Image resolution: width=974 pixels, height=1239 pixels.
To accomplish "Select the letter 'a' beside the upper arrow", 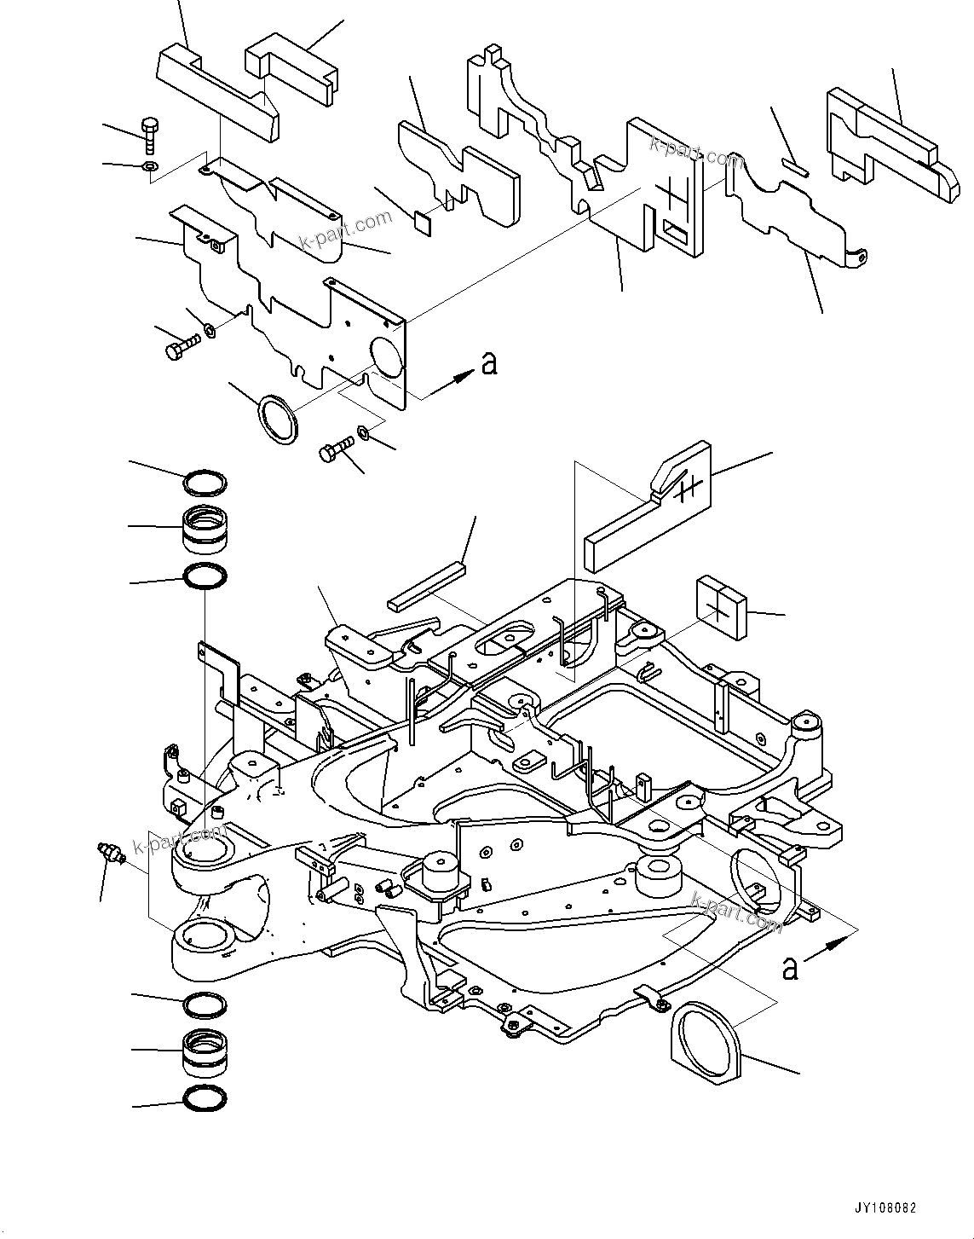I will (488, 363).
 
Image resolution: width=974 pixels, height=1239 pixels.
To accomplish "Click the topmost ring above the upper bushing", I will (205, 484).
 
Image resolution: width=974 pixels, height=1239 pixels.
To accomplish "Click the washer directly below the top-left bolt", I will (148, 165).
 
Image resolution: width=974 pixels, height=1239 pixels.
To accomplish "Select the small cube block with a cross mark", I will (722, 606).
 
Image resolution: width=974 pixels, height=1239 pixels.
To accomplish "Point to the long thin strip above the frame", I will (426, 587).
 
